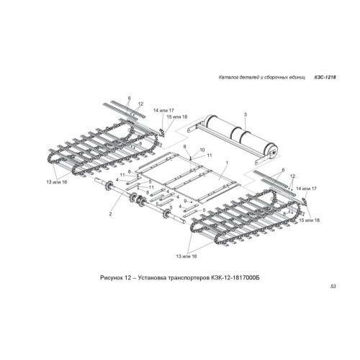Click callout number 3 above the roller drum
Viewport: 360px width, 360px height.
point(246,114)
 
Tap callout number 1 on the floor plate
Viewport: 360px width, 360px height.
point(227,163)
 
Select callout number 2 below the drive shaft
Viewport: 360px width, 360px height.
point(110,214)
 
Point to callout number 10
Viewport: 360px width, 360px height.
point(202,150)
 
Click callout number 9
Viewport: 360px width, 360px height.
point(185,200)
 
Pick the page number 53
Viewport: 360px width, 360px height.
point(333,287)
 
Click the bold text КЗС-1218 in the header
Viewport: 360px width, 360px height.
point(325,78)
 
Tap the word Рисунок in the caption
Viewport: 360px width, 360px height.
point(111,278)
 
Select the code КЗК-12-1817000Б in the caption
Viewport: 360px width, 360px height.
point(235,278)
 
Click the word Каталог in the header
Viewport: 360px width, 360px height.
point(227,78)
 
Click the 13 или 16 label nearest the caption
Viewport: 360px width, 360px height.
point(186,256)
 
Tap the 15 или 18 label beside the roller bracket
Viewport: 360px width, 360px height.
point(177,117)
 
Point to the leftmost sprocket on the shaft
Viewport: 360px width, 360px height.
point(109,186)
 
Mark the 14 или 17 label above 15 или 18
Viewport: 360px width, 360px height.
point(163,110)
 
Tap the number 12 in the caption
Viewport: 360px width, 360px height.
point(127,278)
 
